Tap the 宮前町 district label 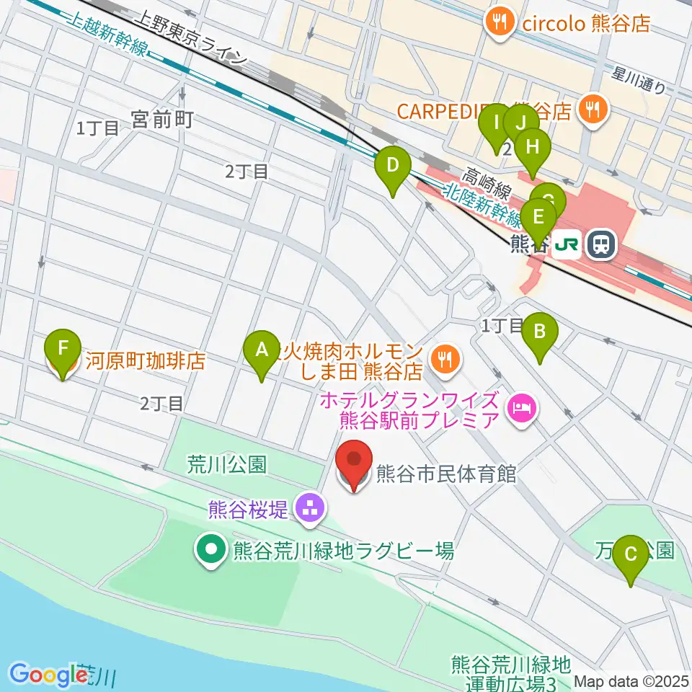click(162, 120)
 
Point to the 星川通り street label click(638, 79)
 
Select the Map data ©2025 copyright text click(631, 680)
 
